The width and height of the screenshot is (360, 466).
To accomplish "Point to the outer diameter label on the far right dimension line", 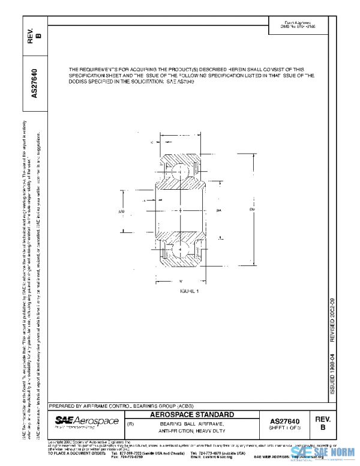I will (253, 209).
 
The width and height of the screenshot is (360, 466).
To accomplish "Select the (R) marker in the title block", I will (130, 424).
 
